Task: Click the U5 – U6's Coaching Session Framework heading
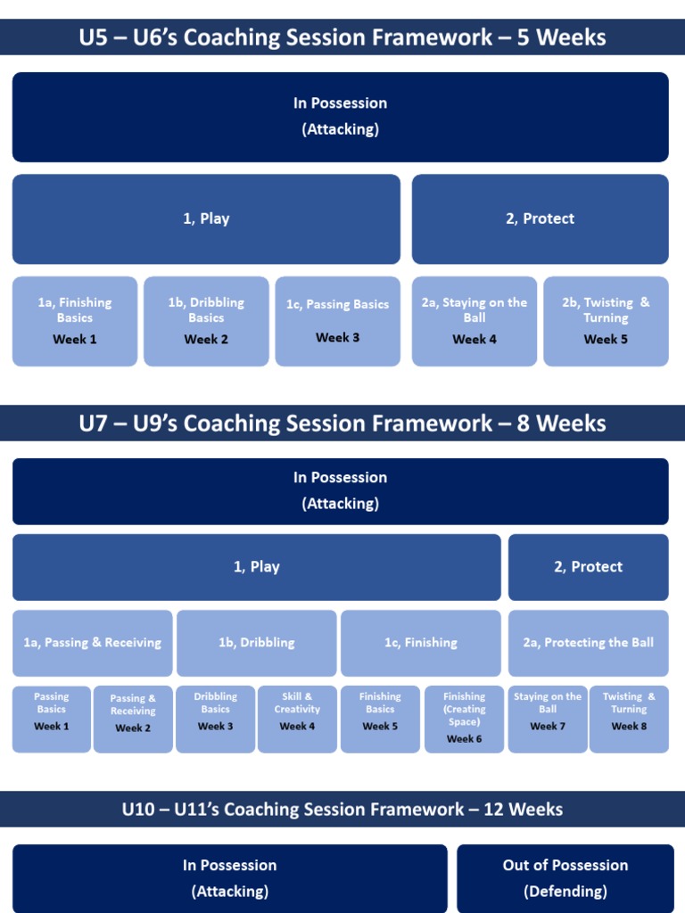click(342, 37)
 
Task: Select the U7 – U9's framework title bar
click(342, 423)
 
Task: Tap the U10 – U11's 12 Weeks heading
click(342, 810)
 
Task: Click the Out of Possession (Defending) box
click(565, 878)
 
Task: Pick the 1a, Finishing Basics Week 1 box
click(75, 321)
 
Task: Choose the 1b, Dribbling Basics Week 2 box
click(206, 321)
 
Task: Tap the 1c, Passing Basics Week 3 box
click(337, 321)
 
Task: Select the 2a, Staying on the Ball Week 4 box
click(475, 321)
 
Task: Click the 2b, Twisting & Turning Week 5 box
click(606, 321)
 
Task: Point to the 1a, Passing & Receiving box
click(93, 643)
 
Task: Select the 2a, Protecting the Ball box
click(588, 643)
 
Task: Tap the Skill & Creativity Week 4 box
click(297, 719)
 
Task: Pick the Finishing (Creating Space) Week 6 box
click(464, 719)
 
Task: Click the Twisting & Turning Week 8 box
click(629, 719)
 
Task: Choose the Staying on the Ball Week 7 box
click(548, 719)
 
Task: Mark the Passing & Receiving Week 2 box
click(133, 719)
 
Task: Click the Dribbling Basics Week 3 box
click(216, 719)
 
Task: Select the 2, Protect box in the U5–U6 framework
click(540, 219)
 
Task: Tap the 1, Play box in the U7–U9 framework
click(257, 567)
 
